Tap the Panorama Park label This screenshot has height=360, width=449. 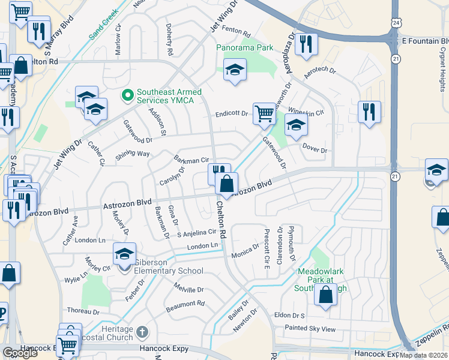[x=245, y=47]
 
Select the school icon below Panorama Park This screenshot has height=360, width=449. [x=235, y=69]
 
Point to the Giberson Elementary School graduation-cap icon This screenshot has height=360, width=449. [x=124, y=254]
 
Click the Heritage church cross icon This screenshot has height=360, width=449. [x=142, y=331]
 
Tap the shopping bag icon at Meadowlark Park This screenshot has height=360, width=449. [x=325, y=295]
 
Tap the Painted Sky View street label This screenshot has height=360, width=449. [x=310, y=329]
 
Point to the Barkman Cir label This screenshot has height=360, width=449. [x=191, y=160]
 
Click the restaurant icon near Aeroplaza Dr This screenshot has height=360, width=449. [x=306, y=43]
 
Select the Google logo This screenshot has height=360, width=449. [x=20, y=353]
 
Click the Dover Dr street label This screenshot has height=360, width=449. [x=315, y=151]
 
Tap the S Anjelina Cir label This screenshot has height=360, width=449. [x=196, y=232]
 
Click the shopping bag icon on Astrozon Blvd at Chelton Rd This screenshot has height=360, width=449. [x=226, y=183]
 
